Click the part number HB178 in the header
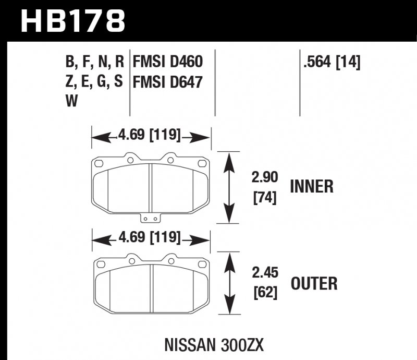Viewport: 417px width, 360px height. (73, 21)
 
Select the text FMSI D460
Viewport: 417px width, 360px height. (167, 63)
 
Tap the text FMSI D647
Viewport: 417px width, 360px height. (167, 82)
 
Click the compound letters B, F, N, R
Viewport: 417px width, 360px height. (94, 63)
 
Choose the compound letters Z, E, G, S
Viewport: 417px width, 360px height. (94, 82)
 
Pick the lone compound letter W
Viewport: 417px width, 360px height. (71, 102)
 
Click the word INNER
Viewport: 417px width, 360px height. (311, 186)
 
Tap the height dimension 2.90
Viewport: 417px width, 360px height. (264, 178)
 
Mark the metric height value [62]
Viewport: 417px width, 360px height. (264, 293)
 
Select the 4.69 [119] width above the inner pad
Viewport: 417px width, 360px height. (149, 137)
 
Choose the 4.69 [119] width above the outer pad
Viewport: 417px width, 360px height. (149, 238)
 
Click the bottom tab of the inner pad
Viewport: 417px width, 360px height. (151, 219)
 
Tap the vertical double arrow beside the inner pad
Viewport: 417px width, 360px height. (228, 187)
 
